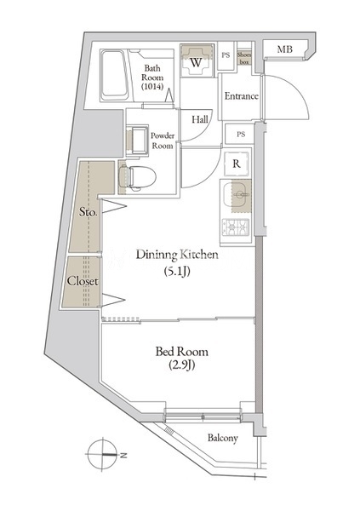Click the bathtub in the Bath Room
pyautogui.click(x=114, y=75)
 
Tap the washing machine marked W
pyautogui.click(x=196, y=61)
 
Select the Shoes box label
pyautogui.click(x=244, y=59)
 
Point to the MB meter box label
pyautogui.click(x=284, y=49)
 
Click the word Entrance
pyautogui.click(x=241, y=96)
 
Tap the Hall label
pyautogui.click(x=200, y=119)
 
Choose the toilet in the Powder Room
pyautogui.click(x=138, y=177)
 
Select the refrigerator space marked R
pyautogui.click(x=237, y=164)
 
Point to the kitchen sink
pyautogui.click(x=237, y=196)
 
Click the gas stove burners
pyautogui.click(x=236, y=227)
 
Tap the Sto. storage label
pyautogui.click(x=89, y=212)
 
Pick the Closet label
pyautogui.click(x=83, y=281)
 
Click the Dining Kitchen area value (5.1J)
pyautogui.click(x=177, y=271)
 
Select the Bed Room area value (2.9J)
pyautogui.click(x=182, y=365)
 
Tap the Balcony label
pyautogui.click(x=223, y=438)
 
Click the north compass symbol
pyautogui.click(x=103, y=454)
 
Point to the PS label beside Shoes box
pyautogui.click(x=226, y=55)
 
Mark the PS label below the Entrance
pyautogui.click(x=241, y=135)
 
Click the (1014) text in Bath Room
pyautogui.click(x=152, y=87)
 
